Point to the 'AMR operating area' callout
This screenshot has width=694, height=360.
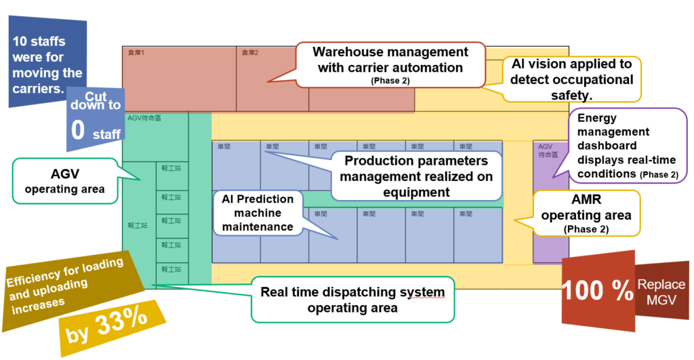pos(587,213)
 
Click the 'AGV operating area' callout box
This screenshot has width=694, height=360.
pos(64,180)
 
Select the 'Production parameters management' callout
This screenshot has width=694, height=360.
pos(415,176)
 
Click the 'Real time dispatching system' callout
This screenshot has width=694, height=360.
pos(352,299)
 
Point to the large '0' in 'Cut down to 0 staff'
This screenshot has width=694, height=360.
pos(79,130)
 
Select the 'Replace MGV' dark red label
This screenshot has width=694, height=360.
pos(660,292)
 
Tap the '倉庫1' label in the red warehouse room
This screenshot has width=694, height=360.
pos(137,52)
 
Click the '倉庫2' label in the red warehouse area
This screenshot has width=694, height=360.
pos(251,52)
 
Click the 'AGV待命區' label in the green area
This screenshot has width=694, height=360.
pos(144,118)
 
